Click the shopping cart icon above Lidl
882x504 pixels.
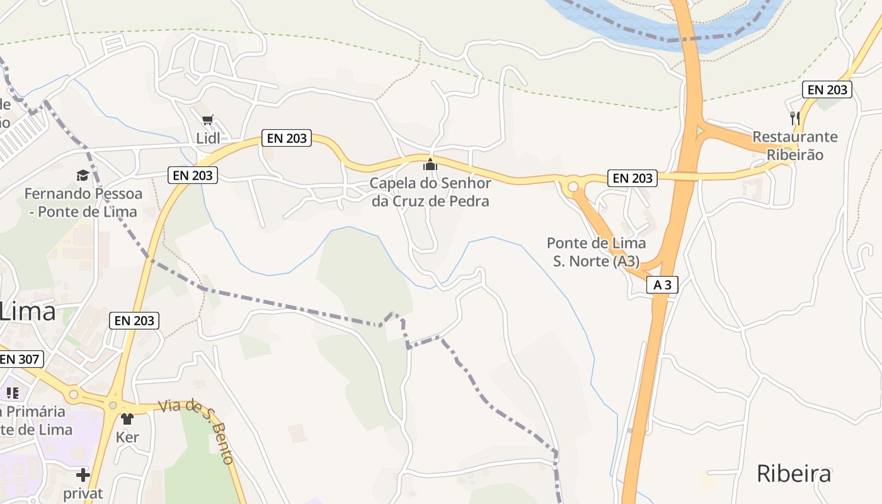point(208,120)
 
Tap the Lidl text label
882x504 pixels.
point(208,138)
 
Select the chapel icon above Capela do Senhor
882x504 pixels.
point(430,165)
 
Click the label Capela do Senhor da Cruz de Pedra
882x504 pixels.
point(430,192)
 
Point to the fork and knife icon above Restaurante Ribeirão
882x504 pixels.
point(795,118)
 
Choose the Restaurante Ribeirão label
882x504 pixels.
point(795,146)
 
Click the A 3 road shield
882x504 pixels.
point(662,285)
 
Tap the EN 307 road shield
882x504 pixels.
point(21,360)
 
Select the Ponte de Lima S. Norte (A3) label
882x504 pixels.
point(596,252)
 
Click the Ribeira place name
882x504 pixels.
point(794,474)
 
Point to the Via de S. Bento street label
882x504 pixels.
point(197,430)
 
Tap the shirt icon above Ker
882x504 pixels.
point(127,419)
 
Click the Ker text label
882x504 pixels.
point(127,437)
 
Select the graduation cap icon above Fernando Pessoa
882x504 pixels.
point(83,175)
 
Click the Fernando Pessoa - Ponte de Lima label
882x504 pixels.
point(83,202)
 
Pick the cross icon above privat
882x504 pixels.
point(83,475)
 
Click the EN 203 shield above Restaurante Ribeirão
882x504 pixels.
point(827,89)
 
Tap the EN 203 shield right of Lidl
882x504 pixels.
point(287,138)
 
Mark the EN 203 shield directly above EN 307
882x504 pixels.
point(134,321)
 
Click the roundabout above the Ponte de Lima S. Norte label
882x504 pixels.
point(573,186)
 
